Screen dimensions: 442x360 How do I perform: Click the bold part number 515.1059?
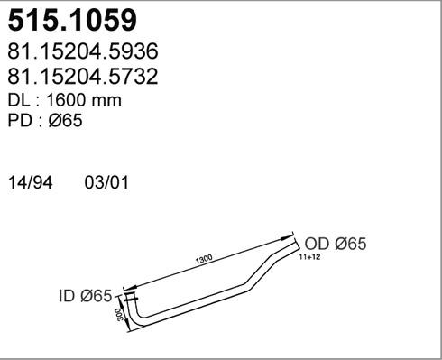(72, 20)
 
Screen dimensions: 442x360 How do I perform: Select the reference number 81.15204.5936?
(83, 51)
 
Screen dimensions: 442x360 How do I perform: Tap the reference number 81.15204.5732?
(83, 76)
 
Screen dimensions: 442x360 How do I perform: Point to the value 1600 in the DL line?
(66, 100)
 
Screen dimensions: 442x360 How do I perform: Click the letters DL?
(19, 100)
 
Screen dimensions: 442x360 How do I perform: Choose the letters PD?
(20, 120)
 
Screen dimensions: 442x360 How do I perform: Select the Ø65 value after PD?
(65, 120)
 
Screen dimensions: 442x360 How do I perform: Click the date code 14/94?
(31, 182)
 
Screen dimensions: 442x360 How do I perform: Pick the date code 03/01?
(106, 182)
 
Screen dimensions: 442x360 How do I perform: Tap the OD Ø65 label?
(336, 244)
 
